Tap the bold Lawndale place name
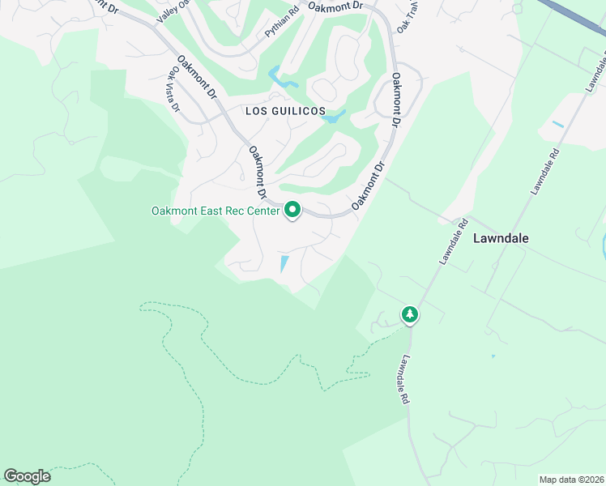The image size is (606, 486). [x=501, y=238]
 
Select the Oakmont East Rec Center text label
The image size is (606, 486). [x=215, y=211]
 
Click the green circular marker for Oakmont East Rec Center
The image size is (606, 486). [x=292, y=211]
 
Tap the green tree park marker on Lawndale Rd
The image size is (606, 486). [x=410, y=314]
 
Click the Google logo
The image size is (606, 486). [x=27, y=476]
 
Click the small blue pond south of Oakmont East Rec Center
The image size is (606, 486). [x=284, y=264]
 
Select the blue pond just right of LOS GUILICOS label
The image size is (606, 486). [x=334, y=117]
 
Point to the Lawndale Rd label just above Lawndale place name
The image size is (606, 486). [x=454, y=241]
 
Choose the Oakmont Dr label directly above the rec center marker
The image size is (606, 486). [x=257, y=172]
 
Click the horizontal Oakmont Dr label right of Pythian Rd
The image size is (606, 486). [x=335, y=6]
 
